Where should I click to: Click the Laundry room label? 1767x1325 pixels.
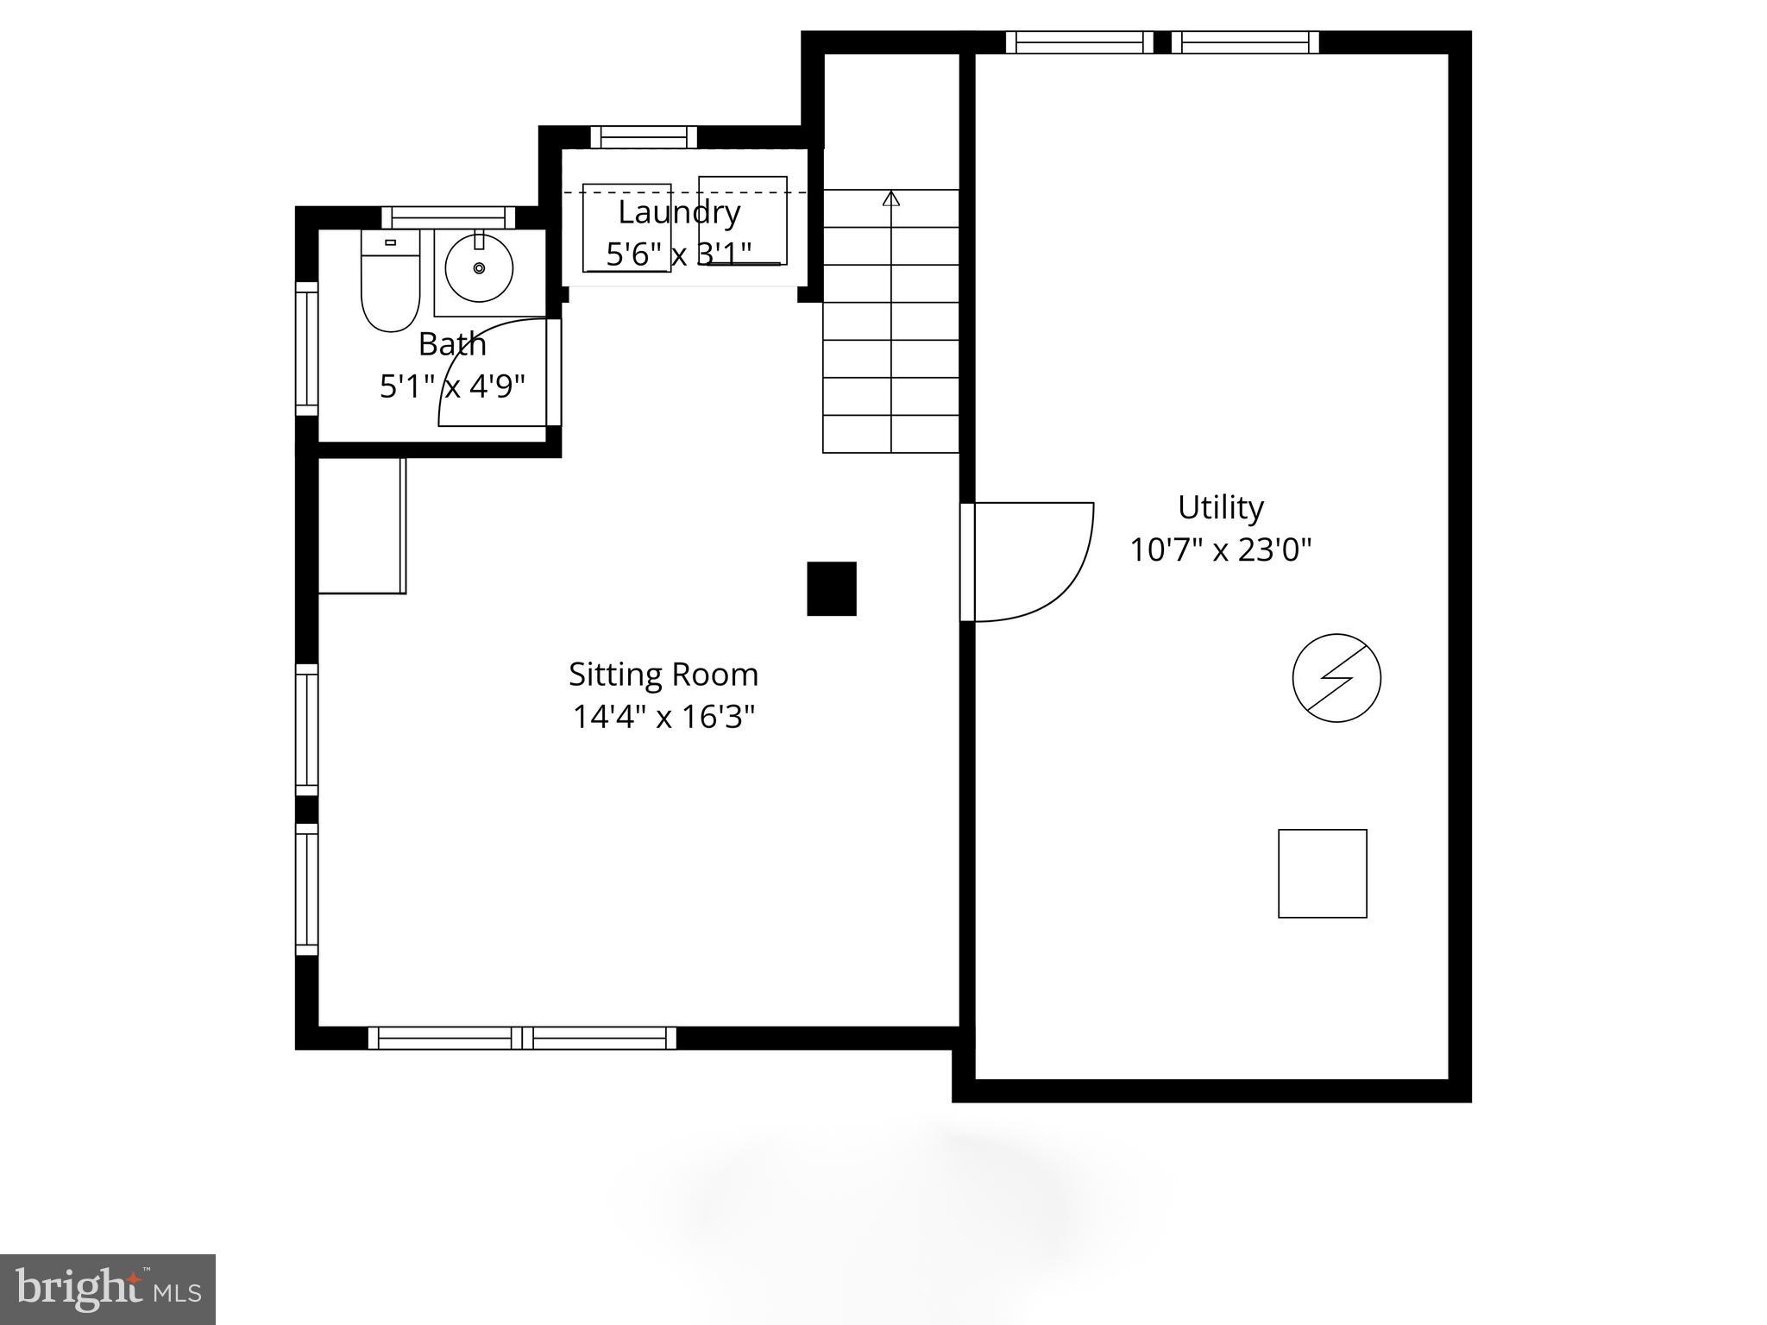679,212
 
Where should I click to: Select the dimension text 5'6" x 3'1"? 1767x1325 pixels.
679,254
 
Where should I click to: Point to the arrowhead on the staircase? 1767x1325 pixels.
891,198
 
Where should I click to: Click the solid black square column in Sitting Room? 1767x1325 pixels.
831,588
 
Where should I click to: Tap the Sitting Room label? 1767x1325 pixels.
663,675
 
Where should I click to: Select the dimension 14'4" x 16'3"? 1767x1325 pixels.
663,717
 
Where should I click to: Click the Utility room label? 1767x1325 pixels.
1220,507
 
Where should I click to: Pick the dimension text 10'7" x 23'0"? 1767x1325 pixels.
1220,549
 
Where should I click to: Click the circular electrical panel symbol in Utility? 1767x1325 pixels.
1336,678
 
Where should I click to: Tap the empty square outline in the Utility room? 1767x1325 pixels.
1322,873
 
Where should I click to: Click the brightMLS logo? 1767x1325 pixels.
108,1290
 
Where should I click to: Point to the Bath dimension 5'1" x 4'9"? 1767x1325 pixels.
452,386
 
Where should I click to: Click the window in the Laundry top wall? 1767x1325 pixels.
643,136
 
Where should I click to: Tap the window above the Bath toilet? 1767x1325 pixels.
448,217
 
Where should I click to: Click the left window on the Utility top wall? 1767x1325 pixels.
1078,41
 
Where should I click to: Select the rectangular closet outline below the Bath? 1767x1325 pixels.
362,525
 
